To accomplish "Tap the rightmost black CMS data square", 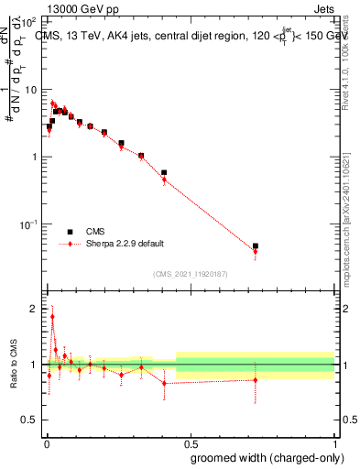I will point(256,246).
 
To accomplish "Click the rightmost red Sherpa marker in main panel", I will point(256,252).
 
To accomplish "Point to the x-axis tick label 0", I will point(47,443).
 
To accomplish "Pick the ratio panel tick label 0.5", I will point(32,420).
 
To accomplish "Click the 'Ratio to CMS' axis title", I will point(12,365).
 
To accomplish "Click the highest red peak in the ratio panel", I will point(52,317).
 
